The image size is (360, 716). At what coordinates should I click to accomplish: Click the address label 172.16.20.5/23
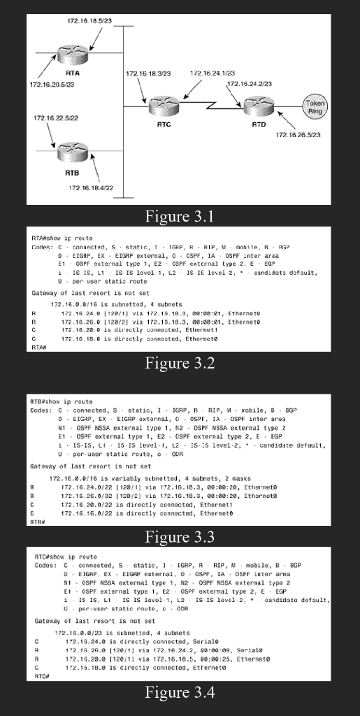tap(53, 85)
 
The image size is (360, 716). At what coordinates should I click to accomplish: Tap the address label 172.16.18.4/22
tap(91, 187)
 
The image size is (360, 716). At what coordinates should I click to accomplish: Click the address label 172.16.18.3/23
tap(147, 73)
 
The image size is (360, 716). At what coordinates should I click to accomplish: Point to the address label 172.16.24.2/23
tap(250, 83)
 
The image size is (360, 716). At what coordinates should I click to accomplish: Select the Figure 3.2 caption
tap(180, 363)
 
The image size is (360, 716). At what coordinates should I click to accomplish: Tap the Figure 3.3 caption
tap(180, 537)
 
